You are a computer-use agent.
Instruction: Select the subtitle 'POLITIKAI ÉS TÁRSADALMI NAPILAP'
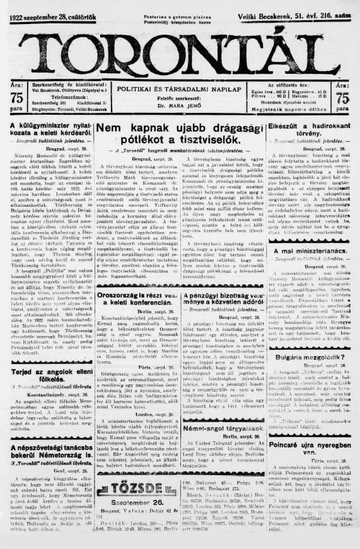[x=179, y=89]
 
